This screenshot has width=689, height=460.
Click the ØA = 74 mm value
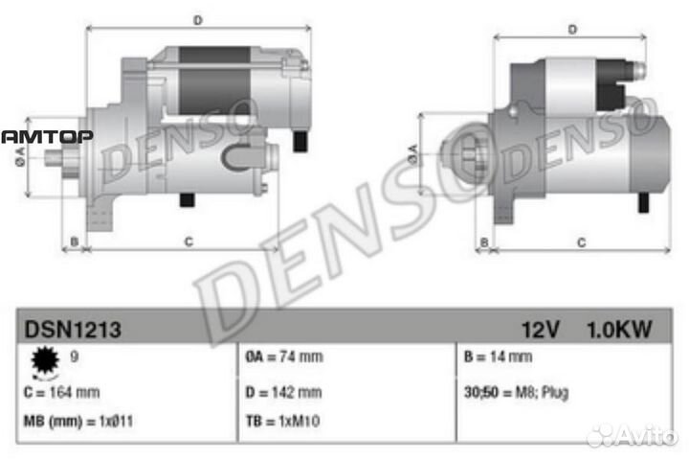click(284, 357)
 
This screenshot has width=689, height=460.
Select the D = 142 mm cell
click(283, 392)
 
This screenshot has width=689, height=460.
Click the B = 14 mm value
click(497, 357)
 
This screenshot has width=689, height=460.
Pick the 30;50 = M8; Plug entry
click(515, 392)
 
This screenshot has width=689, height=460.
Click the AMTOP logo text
click(46, 137)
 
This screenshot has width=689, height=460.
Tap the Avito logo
click(633, 436)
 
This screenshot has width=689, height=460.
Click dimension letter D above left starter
click(197, 19)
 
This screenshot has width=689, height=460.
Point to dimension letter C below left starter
click(189, 241)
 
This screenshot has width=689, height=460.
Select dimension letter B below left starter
click(75, 241)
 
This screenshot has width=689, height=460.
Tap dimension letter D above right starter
click(571, 29)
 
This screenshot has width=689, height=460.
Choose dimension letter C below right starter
click(580, 242)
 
